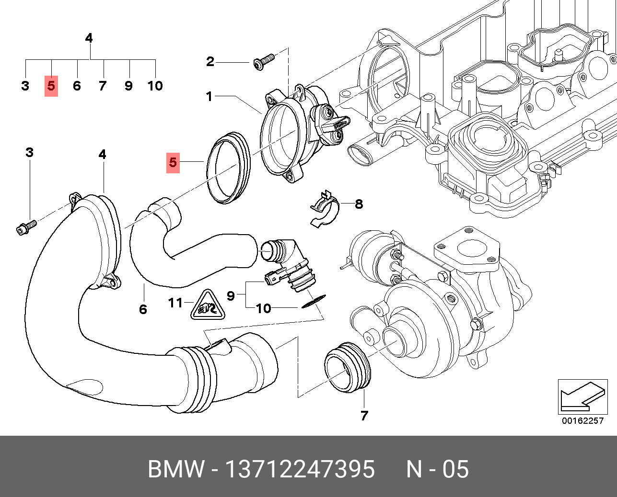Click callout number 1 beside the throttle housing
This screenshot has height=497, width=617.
(x=209, y=96)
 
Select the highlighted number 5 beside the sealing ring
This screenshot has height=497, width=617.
(x=173, y=163)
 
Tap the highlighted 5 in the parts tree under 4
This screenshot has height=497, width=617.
(x=51, y=86)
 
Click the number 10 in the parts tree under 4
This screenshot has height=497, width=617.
(x=155, y=86)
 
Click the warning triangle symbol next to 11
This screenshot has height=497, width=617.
(x=208, y=305)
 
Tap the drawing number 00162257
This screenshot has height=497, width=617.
(x=582, y=421)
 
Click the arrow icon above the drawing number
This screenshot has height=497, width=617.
(x=582, y=396)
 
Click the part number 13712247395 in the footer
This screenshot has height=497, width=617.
(x=300, y=469)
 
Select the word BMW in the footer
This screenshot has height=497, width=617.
(x=176, y=469)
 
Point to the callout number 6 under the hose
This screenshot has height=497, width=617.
(x=143, y=309)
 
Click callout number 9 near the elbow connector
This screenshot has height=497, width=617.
(x=231, y=296)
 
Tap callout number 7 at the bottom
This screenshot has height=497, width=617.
(x=364, y=416)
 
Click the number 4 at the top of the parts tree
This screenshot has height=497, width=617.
(x=89, y=38)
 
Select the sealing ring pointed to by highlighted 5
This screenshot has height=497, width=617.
(x=229, y=168)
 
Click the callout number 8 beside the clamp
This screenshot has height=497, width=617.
(x=359, y=204)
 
